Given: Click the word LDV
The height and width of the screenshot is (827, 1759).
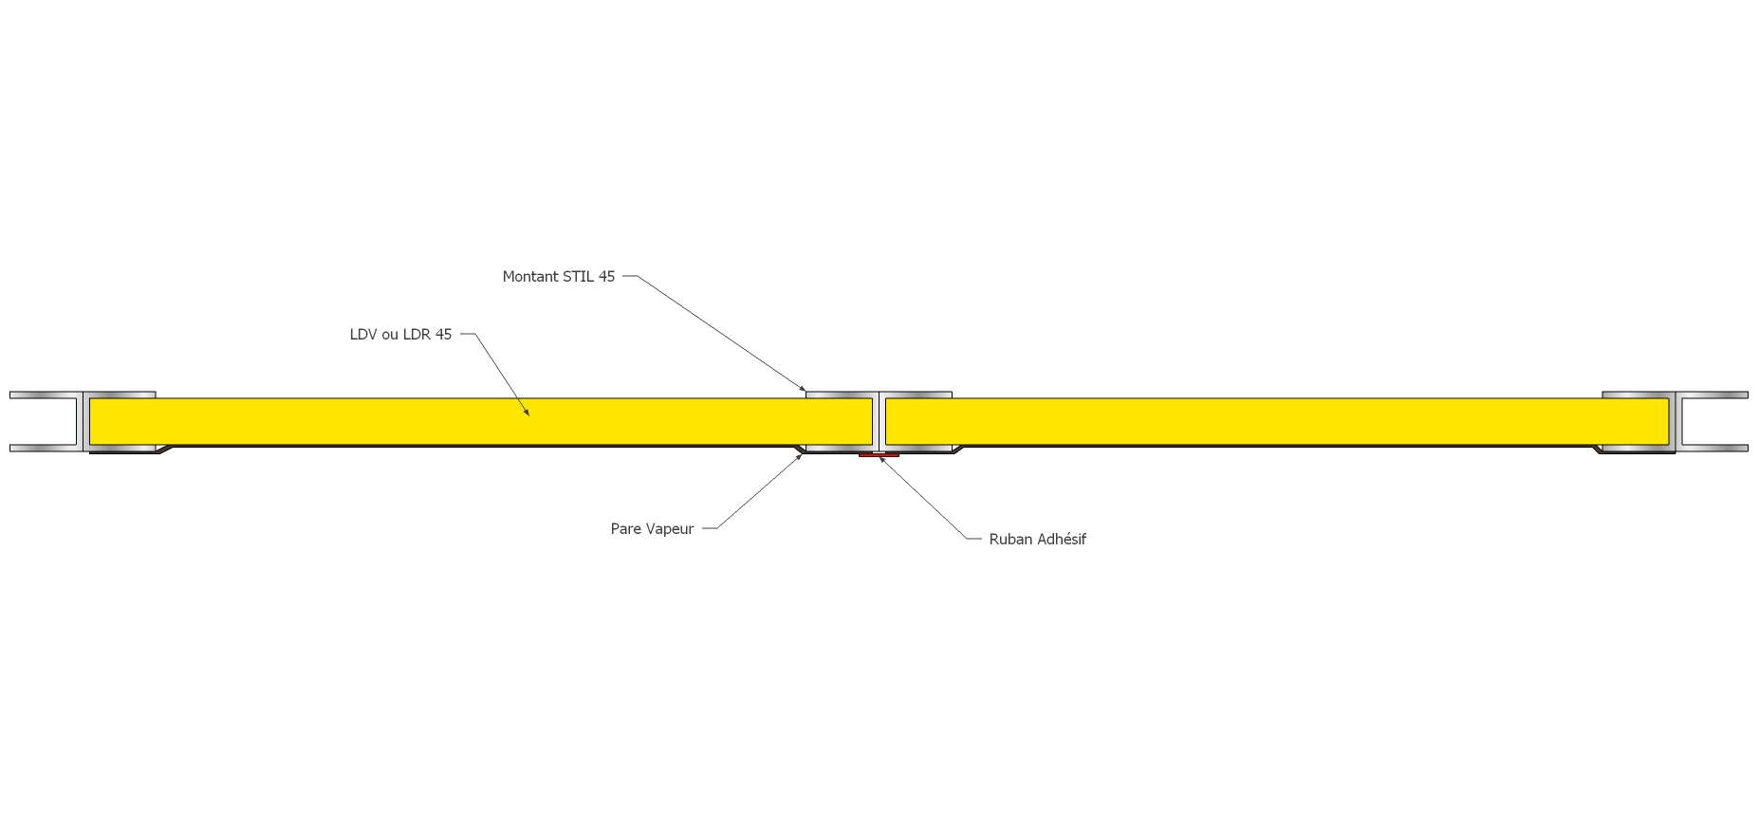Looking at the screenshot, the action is pos(363,335).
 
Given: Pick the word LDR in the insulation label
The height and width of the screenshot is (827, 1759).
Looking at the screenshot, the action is pos(417,335).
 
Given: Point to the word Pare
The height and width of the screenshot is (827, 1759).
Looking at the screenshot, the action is pos(625,529).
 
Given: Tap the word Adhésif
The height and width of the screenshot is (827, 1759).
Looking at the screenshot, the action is pos(1062,540).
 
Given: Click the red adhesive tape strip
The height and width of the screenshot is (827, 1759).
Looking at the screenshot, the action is pos(879,455).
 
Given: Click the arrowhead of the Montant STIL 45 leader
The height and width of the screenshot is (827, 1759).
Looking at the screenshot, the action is pos(804,390).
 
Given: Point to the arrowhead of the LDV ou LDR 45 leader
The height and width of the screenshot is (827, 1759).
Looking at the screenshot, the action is pos(528,413).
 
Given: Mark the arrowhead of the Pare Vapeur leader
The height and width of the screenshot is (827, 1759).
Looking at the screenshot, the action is pos(801,456).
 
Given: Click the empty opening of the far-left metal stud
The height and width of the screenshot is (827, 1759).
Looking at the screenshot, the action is pos(43,421).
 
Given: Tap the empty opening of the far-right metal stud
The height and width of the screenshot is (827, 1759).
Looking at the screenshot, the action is pos(1715,421).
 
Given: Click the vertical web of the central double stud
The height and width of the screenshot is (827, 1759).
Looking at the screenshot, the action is pos(879,421).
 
